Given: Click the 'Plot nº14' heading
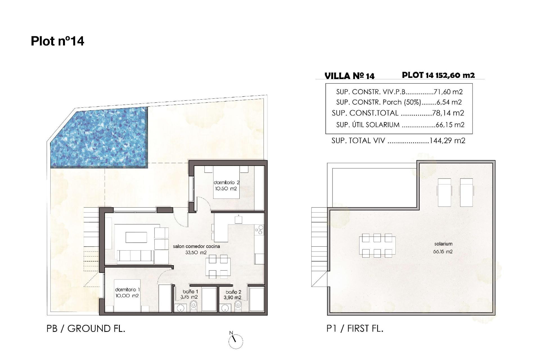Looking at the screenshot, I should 57,41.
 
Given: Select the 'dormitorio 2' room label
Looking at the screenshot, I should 226,183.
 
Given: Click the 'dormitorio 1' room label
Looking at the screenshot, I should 127,290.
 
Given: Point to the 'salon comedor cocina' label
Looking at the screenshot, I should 196,246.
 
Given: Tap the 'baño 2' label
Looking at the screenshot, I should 233,292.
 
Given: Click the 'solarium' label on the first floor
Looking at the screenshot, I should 443,244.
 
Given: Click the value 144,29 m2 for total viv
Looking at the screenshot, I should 447,141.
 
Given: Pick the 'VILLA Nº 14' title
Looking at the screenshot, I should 349,76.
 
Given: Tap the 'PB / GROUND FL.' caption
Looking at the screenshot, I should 86,328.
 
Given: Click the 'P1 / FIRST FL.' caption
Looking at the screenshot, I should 355,328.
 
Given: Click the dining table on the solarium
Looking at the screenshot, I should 377,246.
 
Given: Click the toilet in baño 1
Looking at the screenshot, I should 194,306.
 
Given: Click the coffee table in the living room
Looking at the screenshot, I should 136,237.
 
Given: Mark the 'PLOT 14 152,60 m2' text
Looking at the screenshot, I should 438,75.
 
